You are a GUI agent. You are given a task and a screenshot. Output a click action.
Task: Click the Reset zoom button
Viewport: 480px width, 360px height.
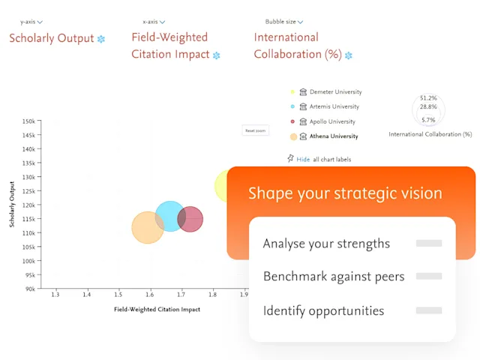(x=256, y=130)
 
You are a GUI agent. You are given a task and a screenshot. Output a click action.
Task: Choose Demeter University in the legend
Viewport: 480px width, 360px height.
(x=334, y=92)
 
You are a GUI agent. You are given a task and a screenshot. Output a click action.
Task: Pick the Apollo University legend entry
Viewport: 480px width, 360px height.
(x=331, y=121)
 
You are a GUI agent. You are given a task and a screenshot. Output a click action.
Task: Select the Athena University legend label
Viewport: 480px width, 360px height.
(x=333, y=136)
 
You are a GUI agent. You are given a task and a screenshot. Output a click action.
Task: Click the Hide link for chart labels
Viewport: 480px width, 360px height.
(x=303, y=159)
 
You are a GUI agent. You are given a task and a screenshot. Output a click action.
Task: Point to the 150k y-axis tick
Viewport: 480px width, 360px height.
(x=28, y=121)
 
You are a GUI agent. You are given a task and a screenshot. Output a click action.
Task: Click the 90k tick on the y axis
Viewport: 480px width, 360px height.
(x=30, y=289)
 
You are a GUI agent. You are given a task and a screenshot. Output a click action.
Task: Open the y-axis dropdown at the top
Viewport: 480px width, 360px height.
(x=31, y=22)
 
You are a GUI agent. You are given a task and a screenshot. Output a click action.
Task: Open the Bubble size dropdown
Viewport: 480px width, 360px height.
(x=285, y=22)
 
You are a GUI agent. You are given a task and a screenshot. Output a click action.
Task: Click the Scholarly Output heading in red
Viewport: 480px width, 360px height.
(x=52, y=38)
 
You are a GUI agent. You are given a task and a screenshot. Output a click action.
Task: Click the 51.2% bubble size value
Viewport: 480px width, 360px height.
(x=428, y=98)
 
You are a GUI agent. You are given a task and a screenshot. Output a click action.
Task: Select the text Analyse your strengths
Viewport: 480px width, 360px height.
(x=326, y=244)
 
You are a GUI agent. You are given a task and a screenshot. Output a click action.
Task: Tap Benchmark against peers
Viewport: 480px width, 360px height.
(x=334, y=277)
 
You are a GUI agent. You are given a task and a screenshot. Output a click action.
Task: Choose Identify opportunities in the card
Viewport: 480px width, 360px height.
(x=323, y=310)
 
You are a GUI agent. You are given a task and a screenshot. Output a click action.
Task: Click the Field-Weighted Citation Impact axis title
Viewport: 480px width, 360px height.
(x=157, y=309)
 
